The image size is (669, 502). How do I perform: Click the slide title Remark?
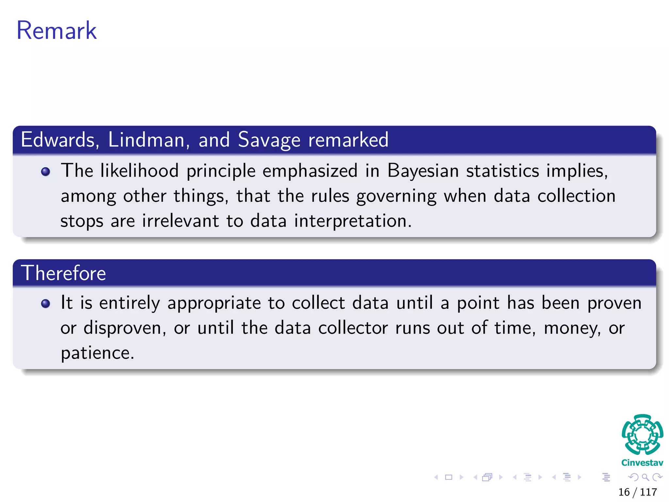click(x=57, y=30)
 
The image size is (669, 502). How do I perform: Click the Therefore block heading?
click(x=63, y=273)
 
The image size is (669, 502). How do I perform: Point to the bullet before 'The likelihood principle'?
click(x=46, y=172)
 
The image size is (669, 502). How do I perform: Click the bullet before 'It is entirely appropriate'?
click(x=46, y=304)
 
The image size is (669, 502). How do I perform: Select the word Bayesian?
click(x=423, y=171)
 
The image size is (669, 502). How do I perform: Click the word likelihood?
click(x=139, y=171)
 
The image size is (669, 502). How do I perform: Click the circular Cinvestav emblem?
click(x=642, y=435)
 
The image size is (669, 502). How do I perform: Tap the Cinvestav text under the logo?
click(x=642, y=463)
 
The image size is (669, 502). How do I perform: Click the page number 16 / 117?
click(x=637, y=492)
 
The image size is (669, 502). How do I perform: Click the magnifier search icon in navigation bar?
click(x=645, y=477)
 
